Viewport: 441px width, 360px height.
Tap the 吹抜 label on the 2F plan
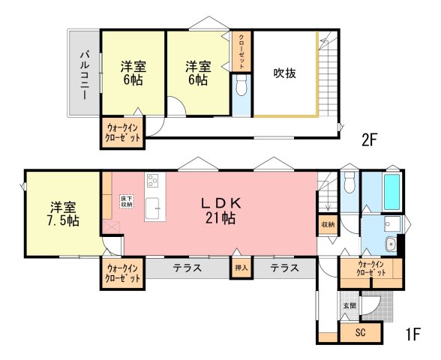[285, 73]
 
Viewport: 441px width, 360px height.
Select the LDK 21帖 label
[220, 210]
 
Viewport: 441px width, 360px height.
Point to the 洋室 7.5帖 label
[63, 214]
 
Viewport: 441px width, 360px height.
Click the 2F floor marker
[369, 140]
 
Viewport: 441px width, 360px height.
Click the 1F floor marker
[412, 334]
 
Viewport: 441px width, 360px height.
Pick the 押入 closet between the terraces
[241, 268]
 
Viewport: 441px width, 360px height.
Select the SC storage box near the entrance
[361, 333]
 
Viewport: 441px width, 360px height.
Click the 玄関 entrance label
[349, 305]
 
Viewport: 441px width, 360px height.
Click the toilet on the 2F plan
[241, 85]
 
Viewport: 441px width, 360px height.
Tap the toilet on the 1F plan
[349, 182]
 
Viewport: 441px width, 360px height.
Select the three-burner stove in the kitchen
[153, 180]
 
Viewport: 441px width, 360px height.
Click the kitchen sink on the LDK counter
[152, 208]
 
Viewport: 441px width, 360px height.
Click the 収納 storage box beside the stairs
[328, 225]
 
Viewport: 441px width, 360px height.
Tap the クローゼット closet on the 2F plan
[241, 52]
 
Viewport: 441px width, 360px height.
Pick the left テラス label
[187, 268]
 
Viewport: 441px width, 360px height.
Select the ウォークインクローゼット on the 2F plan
[123, 133]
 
